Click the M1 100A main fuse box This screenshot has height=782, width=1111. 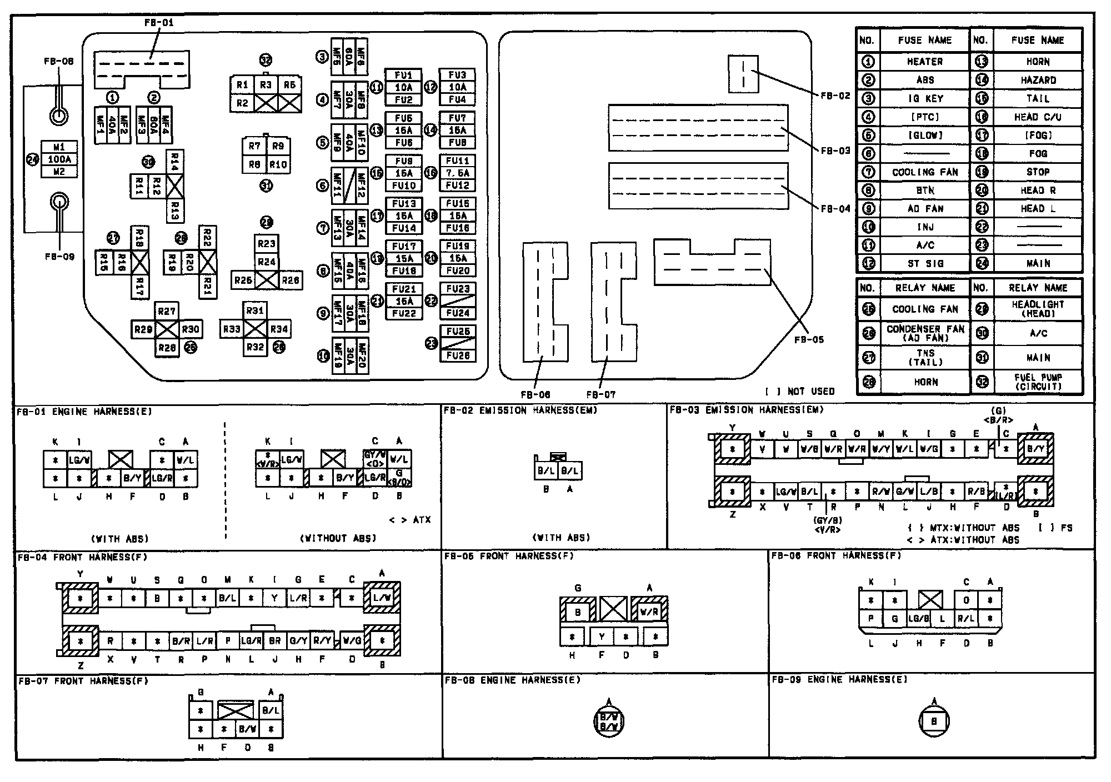point(59,159)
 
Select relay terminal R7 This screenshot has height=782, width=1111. point(254,147)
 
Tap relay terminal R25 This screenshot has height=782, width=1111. point(243,280)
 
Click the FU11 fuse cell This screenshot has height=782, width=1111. point(457,161)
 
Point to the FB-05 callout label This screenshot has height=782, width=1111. point(808,339)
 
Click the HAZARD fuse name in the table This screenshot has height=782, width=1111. point(1038,80)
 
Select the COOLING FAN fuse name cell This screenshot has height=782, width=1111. point(925,172)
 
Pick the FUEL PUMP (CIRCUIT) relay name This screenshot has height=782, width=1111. point(1038,382)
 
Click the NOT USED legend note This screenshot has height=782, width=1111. point(800,392)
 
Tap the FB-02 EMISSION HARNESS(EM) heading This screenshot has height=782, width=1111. point(521,410)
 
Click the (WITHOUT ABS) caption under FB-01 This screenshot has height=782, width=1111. point(338,538)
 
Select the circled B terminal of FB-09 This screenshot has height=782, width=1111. point(934,721)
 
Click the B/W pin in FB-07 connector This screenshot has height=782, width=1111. point(247,729)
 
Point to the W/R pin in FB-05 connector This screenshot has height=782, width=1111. point(649,612)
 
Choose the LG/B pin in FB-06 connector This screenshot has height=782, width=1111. point(919,619)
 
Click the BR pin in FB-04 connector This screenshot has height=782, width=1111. point(275,640)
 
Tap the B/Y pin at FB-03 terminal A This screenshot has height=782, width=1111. point(1035,449)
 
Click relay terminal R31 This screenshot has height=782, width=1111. point(255,311)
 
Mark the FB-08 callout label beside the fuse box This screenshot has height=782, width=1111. point(59,61)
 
